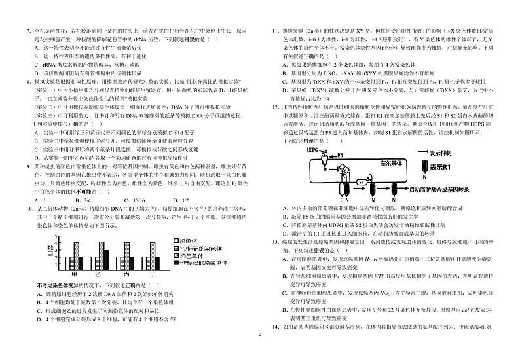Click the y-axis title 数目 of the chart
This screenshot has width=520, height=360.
click(x=50, y=248)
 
